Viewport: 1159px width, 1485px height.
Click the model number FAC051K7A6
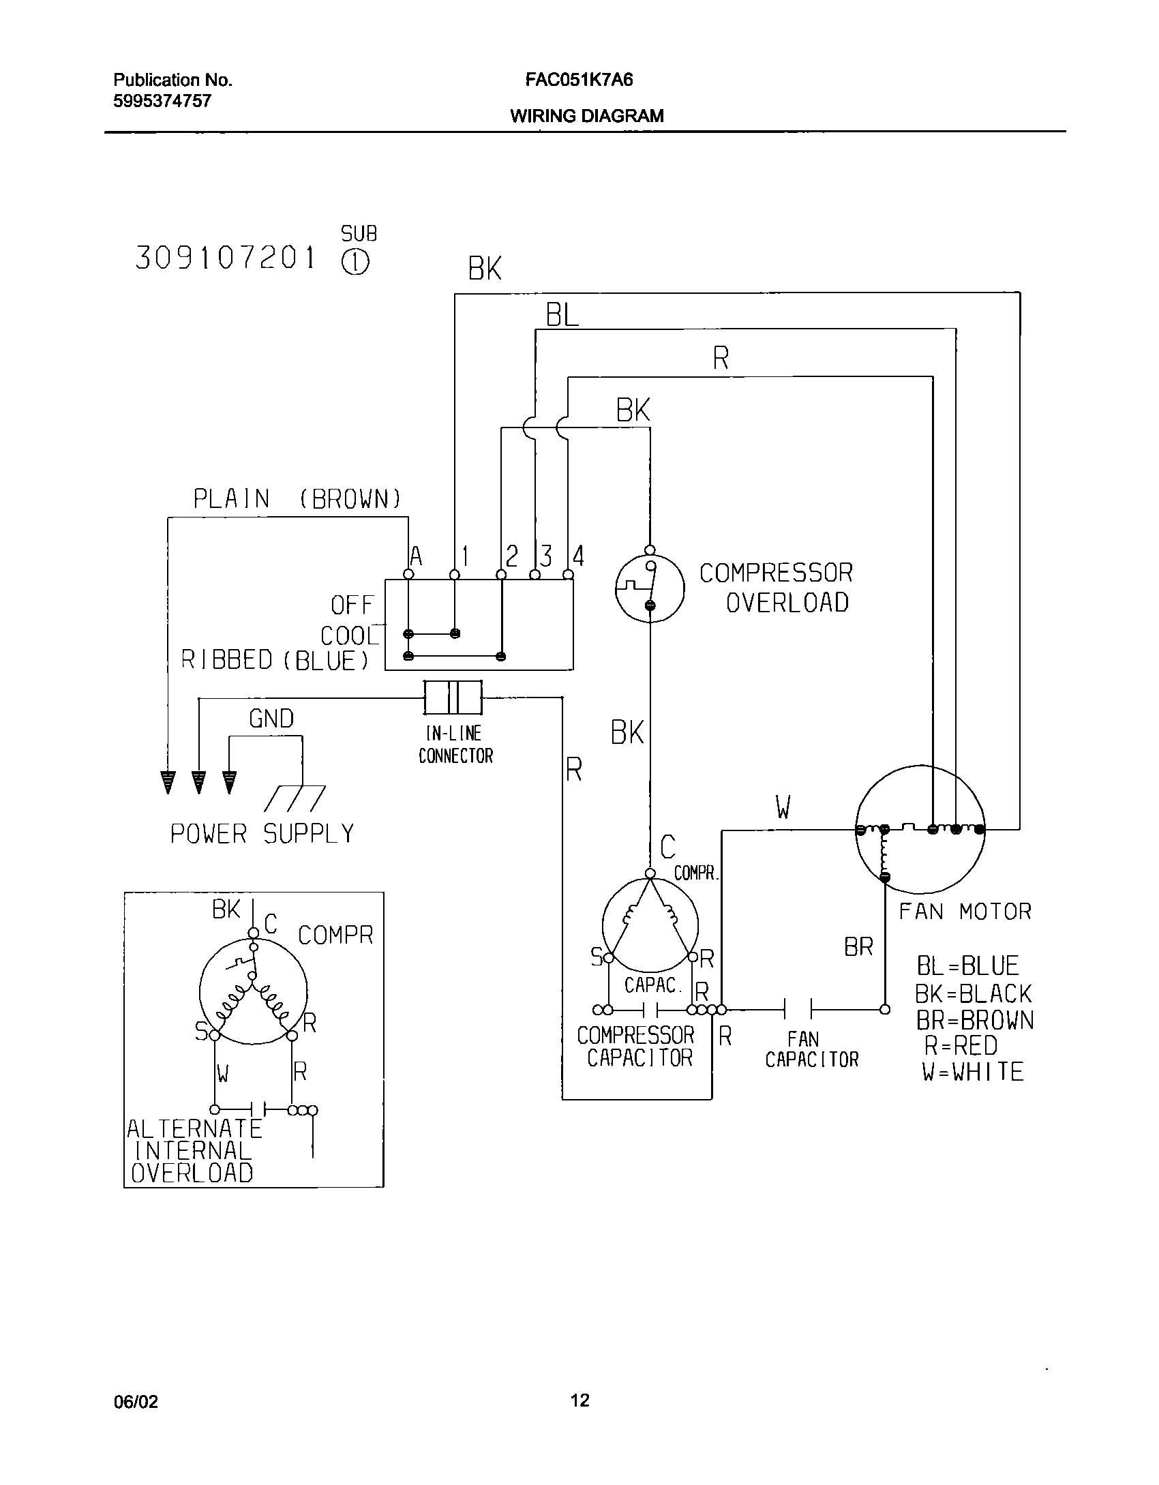point(579,80)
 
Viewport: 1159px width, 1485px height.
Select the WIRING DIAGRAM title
point(586,116)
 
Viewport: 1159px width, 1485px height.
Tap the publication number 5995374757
point(162,102)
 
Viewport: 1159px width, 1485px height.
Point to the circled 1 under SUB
point(355,263)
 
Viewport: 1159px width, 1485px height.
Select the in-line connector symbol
point(453,697)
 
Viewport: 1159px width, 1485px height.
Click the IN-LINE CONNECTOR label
point(455,745)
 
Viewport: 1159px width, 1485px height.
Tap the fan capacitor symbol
point(798,1009)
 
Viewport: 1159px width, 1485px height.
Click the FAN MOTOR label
point(965,912)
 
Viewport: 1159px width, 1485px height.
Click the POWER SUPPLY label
point(262,834)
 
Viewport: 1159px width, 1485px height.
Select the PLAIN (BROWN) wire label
point(297,499)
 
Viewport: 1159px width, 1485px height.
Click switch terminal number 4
point(578,556)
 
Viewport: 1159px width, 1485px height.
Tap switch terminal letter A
point(416,557)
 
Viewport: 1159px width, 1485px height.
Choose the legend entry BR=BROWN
point(974,1021)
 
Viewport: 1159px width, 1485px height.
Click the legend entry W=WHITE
point(973,1072)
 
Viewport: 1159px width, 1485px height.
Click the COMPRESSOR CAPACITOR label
point(635,1047)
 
